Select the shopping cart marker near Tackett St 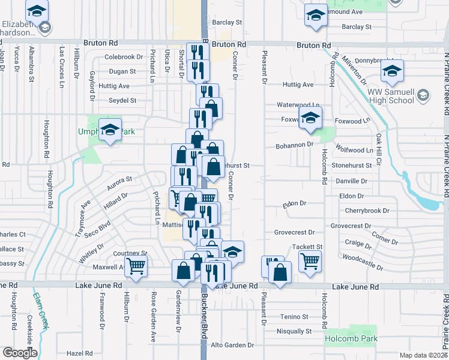[x=310, y=261]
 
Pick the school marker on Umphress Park [x=110, y=131]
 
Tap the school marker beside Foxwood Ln [x=310, y=118]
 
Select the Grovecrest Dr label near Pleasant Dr [x=294, y=232]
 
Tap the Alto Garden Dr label [x=232, y=346]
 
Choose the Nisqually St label [x=294, y=331]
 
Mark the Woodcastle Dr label [x=364, y=261]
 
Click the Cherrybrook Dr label [x=367, y=211]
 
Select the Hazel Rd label [x=78, y=353]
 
